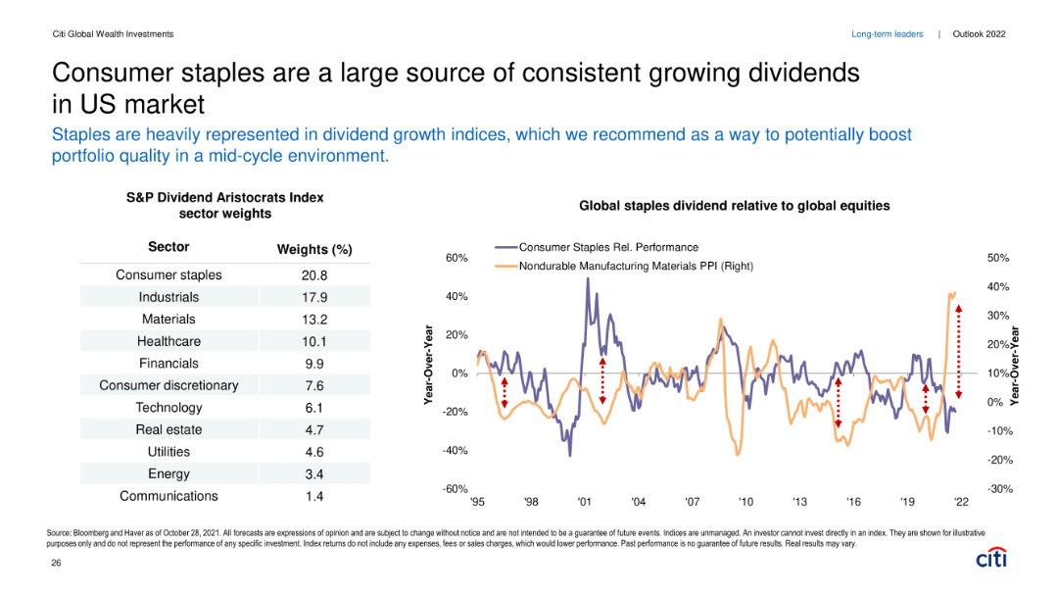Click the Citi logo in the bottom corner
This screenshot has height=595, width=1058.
(x=990, y=558)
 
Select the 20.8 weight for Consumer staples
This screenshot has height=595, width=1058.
(x=314, y=274)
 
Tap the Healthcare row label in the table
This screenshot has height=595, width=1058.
(x=168, y=341)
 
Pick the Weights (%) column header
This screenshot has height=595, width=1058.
(x=314, y=250)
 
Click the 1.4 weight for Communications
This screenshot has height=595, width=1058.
(x=314, y=496)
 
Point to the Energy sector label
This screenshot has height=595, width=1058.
(x=168, y=474)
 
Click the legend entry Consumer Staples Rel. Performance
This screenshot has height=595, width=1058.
(x=608, y=247)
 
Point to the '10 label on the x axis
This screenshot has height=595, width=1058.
(x=745, y=502)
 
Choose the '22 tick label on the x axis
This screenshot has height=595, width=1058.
(x=961, y=502)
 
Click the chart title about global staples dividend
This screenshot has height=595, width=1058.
(x=734, y=206)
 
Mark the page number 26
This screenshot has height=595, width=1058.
(x=56, y=564)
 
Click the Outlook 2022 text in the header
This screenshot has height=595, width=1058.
(x=979, y=34)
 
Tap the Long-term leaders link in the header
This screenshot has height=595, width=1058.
(x=887, y=34)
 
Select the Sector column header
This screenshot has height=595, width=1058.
(x=168, y=247)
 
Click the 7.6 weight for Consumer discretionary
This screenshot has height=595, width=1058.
(x=314, y=385)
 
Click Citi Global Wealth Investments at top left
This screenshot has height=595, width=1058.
(x=113, y=34)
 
